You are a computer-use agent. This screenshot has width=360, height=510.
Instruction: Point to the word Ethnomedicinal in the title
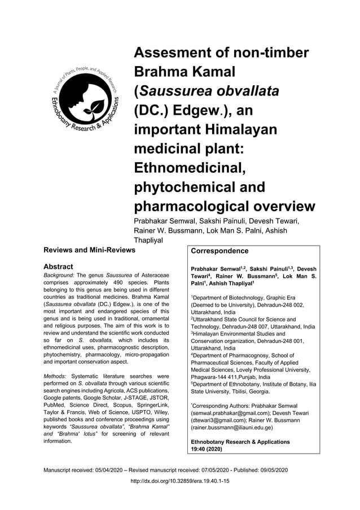(x=193, y=168)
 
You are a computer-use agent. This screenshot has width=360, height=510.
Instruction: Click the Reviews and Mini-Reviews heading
(x=90, y=250)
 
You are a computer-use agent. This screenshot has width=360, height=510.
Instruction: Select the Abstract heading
(x=58, y=267)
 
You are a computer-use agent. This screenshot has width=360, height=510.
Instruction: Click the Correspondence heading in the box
(x=219, y=251)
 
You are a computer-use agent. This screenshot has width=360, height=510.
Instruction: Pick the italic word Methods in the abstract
(x=56, y=376)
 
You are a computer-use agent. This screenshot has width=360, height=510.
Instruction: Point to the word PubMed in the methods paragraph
(x=56, y=412)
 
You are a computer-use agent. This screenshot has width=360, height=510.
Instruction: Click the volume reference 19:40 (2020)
(x=207, y=449)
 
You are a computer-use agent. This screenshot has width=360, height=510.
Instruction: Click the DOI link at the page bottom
(x=179, y=481)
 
